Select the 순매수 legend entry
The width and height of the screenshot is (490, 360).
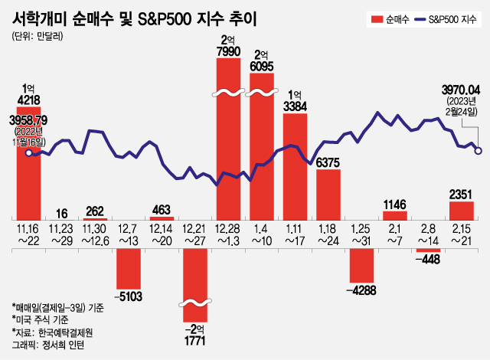(x=387, y=18)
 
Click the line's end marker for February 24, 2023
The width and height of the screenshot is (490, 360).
(x=478, y=150)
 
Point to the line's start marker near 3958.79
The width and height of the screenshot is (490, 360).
(x=29, y=153)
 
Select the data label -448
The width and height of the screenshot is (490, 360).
(x=427, y=259)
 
